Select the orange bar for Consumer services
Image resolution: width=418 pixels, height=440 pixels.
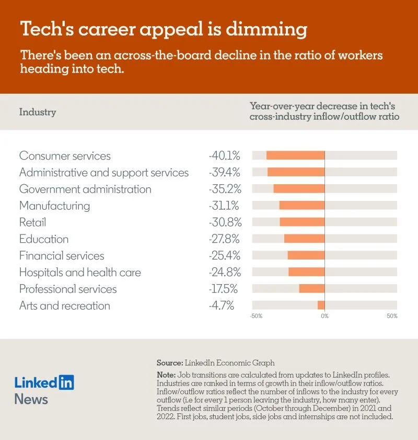(295, 155)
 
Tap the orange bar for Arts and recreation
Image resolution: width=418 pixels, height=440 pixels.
(321, 305)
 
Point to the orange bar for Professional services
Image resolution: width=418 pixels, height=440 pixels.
(311, 289)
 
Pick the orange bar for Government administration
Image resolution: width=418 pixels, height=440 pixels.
(299, 189)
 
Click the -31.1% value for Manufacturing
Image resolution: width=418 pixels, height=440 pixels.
(224, 206)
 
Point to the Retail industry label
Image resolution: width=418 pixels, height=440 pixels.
(32, 222)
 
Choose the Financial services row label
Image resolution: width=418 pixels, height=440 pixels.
(62, 256)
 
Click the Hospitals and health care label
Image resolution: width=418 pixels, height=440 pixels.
(80, 273)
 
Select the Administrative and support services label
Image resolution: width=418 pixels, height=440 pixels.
(104, 172)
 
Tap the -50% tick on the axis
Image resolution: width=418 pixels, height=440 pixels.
(256, 316)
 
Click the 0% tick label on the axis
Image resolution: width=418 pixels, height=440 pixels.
(324, 316)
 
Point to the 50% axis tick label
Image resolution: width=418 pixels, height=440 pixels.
(392, 316)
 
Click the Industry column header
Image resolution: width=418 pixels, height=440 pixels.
(38, 112)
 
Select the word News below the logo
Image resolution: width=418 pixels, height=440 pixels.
(31, 400)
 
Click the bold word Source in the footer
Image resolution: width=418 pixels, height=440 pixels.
(169, 363)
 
